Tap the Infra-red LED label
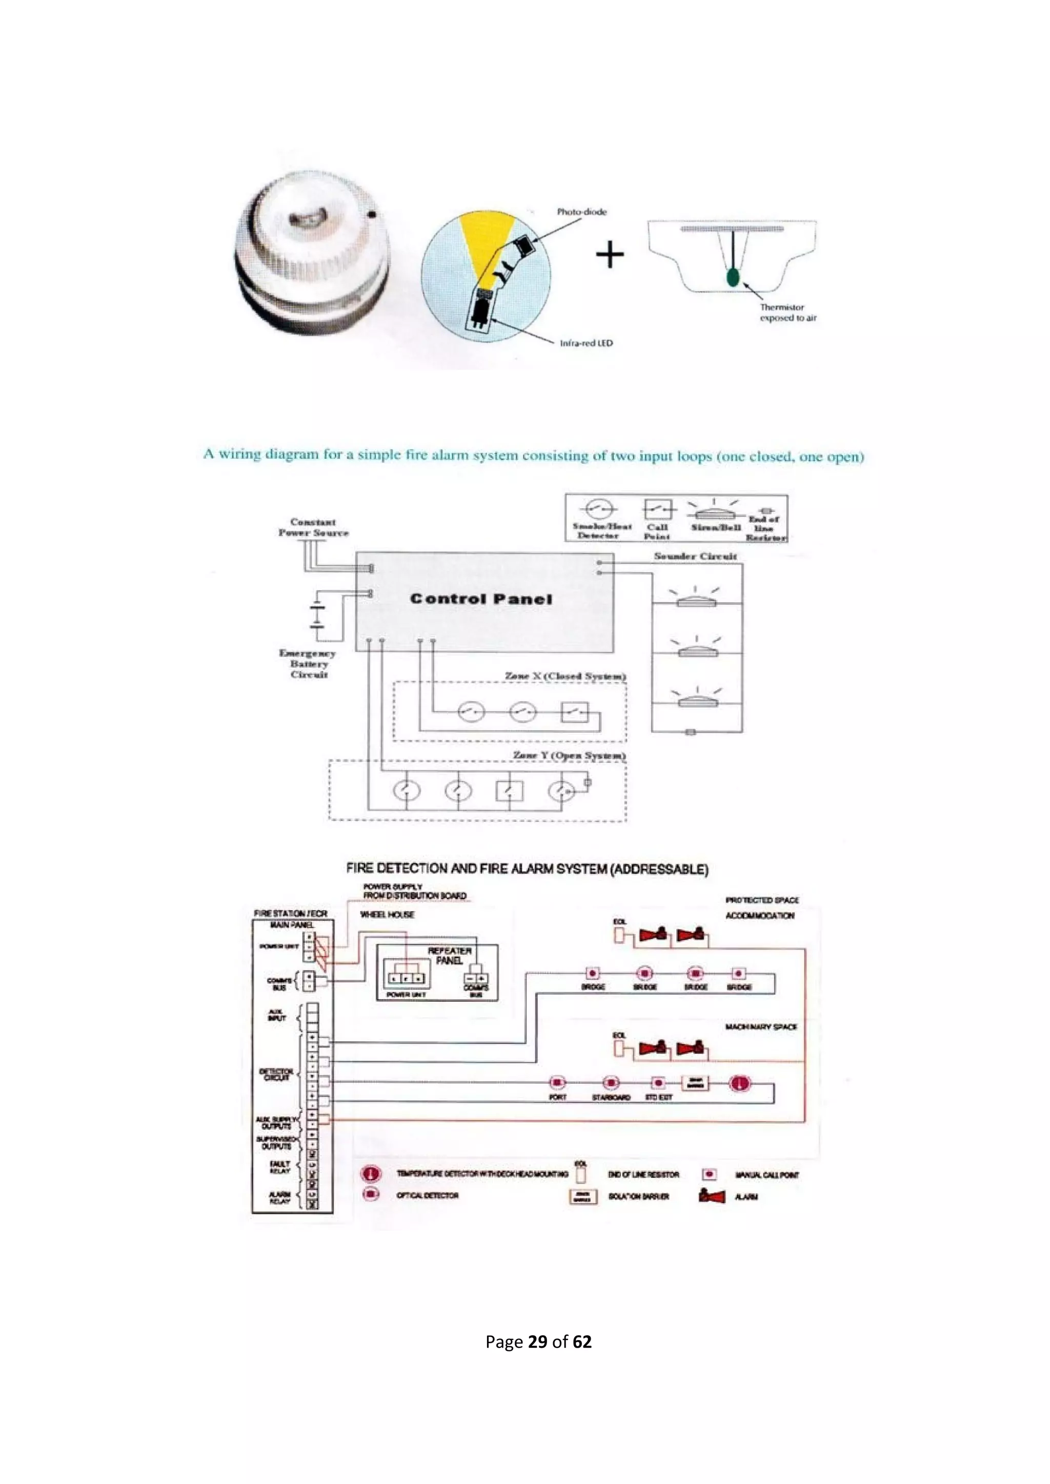[586, 343]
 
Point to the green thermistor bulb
[733, 277]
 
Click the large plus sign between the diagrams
[610, 255]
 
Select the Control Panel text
[481, 599]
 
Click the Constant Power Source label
[314, 527]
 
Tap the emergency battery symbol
[317, 615]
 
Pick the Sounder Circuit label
[695, 556]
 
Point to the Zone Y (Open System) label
[569, 755]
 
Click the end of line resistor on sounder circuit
[690, 732]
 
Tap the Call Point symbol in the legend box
[658, 509]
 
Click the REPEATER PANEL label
[449, 955]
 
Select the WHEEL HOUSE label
[387, 915]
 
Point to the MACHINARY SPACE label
[761, 1026]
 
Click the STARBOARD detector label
[611, 1098]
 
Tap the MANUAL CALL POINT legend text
[767, 1175]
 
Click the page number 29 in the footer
[537, 1342]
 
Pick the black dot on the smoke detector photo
[372, 215]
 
